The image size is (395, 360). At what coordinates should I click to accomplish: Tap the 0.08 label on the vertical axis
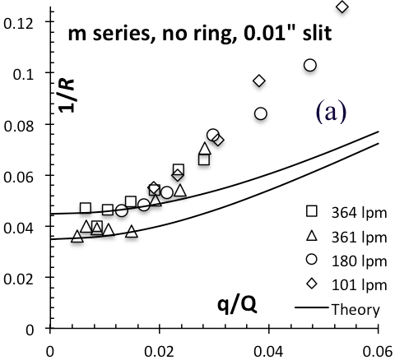click(x=18, y=126)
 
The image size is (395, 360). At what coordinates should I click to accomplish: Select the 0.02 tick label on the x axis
click(x=159, y=352)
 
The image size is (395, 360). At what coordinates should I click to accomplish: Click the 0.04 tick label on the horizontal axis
click(x=268, y=352)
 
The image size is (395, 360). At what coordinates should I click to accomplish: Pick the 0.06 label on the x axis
click(x=378, y=352)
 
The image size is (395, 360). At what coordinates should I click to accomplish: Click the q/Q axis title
click(x=237, y=306)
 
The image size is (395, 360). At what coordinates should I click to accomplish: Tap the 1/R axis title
click(x=67, y=95)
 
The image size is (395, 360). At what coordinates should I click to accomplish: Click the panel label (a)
click(x=332, y=112)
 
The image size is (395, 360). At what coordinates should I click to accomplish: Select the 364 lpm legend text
click(x=359, y=213)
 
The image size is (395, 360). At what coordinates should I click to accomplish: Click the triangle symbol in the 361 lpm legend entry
click(x=312, y=236)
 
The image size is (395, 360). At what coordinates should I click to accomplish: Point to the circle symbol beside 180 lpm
click(x=312, y=259)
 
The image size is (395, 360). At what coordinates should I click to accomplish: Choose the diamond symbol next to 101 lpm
click(x=312, y=284)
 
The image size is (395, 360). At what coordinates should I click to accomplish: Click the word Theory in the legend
click(x=355, y=310)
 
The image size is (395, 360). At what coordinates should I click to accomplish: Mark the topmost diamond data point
click(x=342, y=7)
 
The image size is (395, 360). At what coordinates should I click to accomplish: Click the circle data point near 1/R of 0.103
click(x=310, y=65)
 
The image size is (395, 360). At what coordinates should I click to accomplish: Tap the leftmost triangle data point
click(x=77, y=236)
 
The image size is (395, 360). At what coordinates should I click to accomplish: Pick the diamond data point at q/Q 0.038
click(x=259, y=81)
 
